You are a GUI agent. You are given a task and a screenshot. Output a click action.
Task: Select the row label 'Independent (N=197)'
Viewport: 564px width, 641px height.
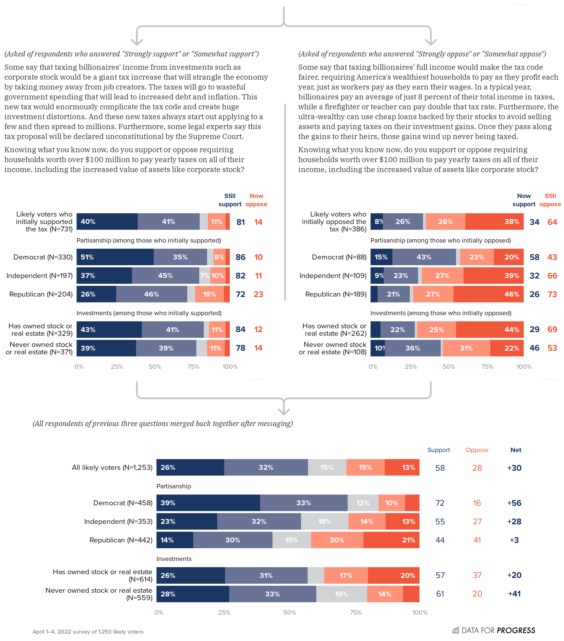coord(39,276)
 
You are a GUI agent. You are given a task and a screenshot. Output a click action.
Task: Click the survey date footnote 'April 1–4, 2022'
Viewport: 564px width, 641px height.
coord(88,632)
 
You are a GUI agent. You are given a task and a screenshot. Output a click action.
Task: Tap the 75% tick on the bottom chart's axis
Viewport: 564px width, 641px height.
coord(356,612)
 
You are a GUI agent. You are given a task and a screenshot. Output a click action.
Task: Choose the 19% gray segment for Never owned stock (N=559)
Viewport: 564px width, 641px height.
coord(341,594)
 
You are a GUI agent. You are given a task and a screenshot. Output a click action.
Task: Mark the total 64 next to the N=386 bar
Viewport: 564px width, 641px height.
coord(552,222)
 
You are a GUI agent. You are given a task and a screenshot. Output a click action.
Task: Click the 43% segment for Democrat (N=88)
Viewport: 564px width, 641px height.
coord(424,257)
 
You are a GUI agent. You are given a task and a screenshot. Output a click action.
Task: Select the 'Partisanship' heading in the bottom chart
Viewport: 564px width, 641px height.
coord(173,486)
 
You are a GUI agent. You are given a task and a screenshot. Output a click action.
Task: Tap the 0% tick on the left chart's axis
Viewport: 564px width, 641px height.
coord(79,367)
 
